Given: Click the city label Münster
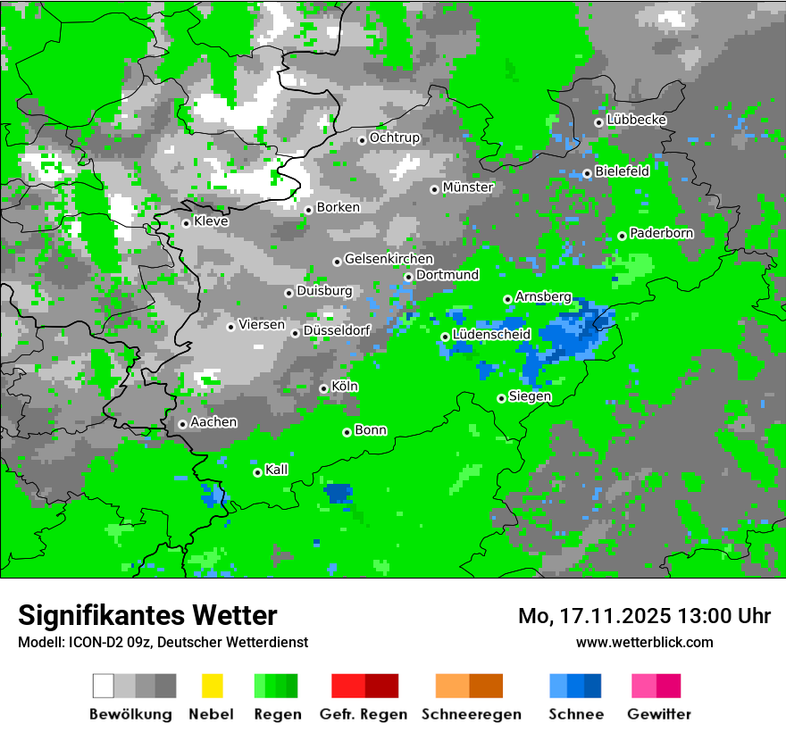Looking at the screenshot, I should [x=467, y=187].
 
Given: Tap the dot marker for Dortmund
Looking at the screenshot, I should [x=408, y=277].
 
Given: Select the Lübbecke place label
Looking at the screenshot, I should [x=636, y=120].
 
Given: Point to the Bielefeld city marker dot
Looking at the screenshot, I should [x=587, y=173].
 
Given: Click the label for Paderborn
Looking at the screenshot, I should [x=661, y=233].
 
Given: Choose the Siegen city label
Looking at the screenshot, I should [x=530, y=396].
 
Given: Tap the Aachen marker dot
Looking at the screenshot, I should [x=182, y=425].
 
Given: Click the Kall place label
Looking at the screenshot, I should [x=277, y=470].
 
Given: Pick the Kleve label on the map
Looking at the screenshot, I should [x=211, y=221].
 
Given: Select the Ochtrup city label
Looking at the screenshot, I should [x=394, y=137].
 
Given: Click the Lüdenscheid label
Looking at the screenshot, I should [x=491, y=334].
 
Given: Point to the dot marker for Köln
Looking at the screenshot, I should [x=323, y=388].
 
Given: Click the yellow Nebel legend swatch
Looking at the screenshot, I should [x=213, y=686].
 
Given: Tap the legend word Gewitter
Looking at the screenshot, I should [x=659, y=714].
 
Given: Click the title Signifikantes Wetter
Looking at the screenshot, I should [x=147, y=615].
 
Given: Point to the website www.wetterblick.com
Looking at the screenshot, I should [x=645, y=642].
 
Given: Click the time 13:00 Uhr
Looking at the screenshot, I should [x=724, y=616].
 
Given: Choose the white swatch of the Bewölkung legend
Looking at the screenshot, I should [x=104, y=686].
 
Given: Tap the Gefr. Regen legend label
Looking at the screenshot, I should [x=364, y=714].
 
